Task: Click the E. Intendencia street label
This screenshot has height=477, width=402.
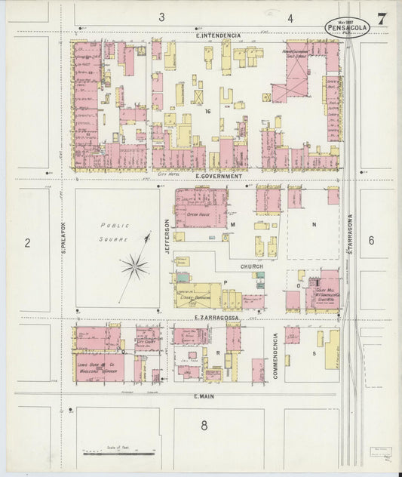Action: click(x=218, y=35)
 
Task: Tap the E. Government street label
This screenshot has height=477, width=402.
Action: click(x=218, y=176)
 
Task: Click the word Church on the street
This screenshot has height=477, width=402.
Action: click(x=251, y=266)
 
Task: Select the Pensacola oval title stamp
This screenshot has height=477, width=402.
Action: click(x=348, y=28)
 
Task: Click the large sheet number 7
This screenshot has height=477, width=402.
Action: click(x=383, y=20)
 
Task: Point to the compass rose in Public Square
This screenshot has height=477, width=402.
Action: click(x=134, y=265)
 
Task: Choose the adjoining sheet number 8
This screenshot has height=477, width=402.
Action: click(x=204, y=426)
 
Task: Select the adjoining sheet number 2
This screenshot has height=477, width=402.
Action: click(x=27, y=242)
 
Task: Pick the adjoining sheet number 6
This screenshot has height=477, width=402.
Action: click(x=371, y=240)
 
